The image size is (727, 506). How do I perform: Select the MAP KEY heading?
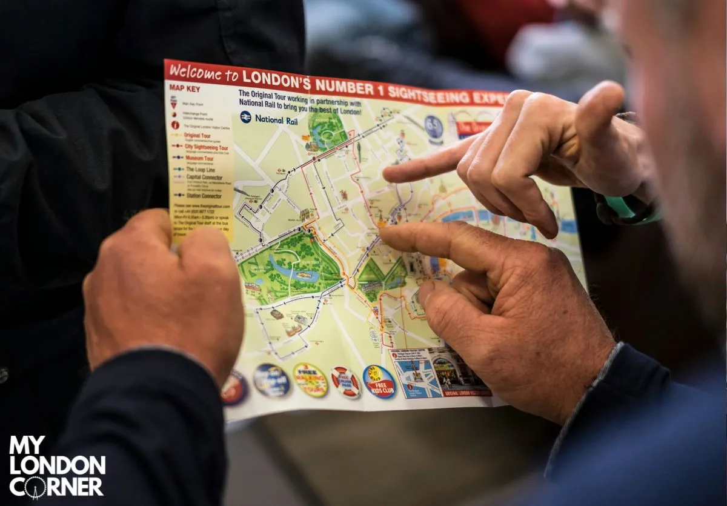tap(184, 87)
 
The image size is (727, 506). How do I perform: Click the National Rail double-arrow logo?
tap(245, 117)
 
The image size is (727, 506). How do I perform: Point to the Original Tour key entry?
tap(197, 135)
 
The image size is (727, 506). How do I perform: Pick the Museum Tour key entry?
tap(199, 158)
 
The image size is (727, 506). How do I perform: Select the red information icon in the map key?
tap(176, 125)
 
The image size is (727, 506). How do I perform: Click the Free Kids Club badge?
tap(379, 381)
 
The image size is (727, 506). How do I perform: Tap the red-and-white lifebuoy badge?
tap(345, 382)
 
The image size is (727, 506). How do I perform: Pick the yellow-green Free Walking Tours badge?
tap(310, 379)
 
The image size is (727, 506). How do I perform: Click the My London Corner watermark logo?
tap(56, 467)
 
